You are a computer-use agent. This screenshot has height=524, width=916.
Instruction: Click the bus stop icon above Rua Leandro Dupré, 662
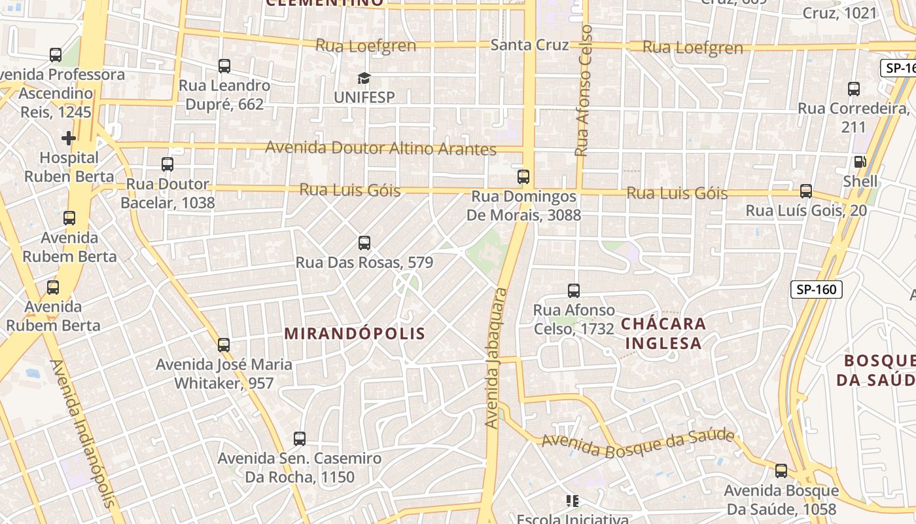click(x=224, y=66)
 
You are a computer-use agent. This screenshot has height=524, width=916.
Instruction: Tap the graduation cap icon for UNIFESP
click(x=364, y=79)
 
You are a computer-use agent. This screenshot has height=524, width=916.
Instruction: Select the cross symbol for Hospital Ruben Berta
click(x=68, y=138)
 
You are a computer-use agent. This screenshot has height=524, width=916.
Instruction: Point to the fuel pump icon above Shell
click(x=860, y=162)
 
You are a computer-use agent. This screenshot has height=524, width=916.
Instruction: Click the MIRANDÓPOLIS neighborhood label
click(x=355, y=333)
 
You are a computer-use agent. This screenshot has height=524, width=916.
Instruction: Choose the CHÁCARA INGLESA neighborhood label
click(x=663, y=333)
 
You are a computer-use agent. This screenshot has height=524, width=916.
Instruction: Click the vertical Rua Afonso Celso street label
click(x=582, y=90)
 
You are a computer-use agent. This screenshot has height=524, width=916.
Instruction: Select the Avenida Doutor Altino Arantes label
click(x=380, y=148)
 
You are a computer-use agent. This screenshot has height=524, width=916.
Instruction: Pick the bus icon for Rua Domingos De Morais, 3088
click(x=523, y=177)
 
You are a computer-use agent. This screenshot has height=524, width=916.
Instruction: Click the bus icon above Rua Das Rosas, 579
click(x=364, y=244)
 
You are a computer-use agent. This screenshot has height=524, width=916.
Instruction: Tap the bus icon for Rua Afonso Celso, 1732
click(x=574, y=291)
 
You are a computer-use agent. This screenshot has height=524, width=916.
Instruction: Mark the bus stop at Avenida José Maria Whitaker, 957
click(x=224, y=345)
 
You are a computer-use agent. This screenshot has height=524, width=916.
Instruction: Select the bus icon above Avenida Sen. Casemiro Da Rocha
click(x=300, y=439)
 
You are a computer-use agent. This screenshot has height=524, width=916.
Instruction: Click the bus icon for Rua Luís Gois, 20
click(x=806, y=191)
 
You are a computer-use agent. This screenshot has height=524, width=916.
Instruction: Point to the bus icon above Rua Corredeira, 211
click(x=853, y=89)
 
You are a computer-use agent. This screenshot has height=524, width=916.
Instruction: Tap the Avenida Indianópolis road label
click(x=84, y=434)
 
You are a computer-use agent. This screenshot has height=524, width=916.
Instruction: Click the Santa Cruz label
click(x=529, y=45)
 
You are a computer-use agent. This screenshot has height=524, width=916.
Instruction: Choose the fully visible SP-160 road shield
click(x=816, y=290)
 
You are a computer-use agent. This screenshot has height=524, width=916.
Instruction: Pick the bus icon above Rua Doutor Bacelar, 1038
click(x=167, y=164)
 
